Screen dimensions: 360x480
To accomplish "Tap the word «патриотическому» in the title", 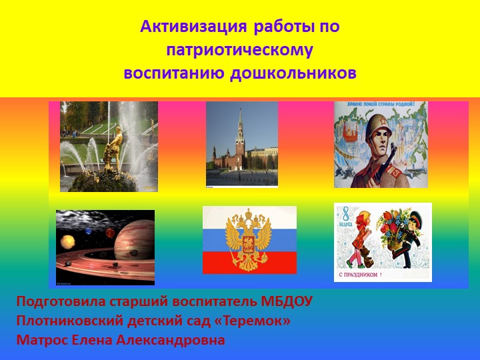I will click(239, 50).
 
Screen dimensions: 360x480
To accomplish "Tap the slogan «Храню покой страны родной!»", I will click(380, 105).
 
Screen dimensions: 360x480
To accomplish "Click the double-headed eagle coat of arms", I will click(249, 238).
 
